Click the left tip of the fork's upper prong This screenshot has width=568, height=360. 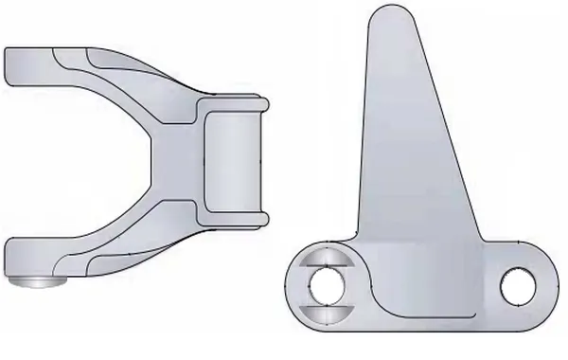[9, 66]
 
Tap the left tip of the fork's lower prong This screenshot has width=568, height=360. [9, 256]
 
